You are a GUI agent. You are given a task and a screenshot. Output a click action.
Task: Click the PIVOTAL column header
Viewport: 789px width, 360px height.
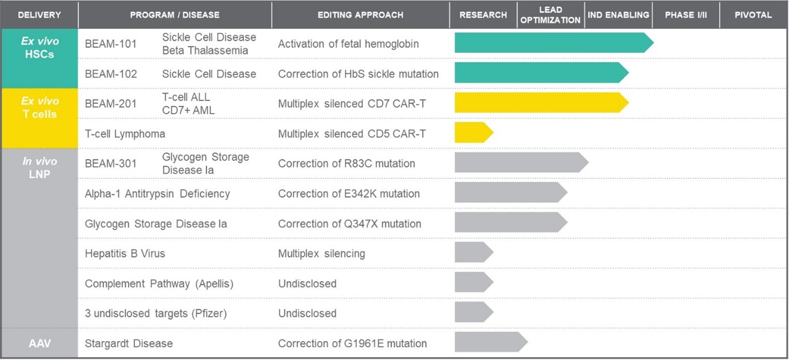coord(753,15)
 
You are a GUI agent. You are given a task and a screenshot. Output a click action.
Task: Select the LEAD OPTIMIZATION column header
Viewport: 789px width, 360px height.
coord(550,15)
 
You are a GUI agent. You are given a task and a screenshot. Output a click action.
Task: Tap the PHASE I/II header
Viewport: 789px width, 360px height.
coord(686,15)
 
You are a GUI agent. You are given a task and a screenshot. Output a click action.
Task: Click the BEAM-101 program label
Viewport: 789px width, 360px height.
coord(110,43)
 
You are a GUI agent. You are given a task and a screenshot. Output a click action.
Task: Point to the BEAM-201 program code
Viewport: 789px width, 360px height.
coord(110,104)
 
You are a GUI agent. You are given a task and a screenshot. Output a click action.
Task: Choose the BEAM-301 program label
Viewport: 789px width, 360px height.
coord(110,163)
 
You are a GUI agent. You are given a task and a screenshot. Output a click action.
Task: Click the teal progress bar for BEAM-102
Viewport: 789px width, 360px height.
coord(542,72)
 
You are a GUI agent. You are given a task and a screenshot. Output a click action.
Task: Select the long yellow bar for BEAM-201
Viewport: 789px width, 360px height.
coord(542,103)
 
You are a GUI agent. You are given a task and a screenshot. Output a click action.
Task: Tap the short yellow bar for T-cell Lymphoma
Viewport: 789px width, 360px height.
coord(474,132)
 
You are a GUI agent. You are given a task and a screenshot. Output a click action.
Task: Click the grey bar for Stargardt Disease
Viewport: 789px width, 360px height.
coord(491,342)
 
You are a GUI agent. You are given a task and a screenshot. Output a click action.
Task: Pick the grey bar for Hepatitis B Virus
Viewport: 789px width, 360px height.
coord(474,252)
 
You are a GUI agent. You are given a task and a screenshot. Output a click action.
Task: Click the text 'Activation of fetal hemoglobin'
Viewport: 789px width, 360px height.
coord(348,44)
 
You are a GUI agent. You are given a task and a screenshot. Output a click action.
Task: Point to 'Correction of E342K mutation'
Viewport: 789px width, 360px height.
coord(348,193)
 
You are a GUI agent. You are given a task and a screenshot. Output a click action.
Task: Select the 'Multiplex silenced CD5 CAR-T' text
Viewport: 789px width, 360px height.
coord(352,134)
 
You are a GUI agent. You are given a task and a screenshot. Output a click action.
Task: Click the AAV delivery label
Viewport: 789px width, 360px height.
coord(40,343)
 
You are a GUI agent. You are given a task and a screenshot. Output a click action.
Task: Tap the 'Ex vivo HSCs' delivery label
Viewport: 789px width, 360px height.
coord(40,47)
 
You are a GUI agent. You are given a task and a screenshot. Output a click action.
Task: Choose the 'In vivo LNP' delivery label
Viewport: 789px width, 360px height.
coord(40,168)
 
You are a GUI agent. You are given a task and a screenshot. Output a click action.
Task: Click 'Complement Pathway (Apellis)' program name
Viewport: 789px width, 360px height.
coord(159,284)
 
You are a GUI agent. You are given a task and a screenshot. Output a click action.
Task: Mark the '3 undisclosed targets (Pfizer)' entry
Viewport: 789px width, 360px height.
coord(156,313)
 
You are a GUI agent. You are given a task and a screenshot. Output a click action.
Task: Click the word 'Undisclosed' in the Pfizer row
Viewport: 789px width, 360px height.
coord(307,313)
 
